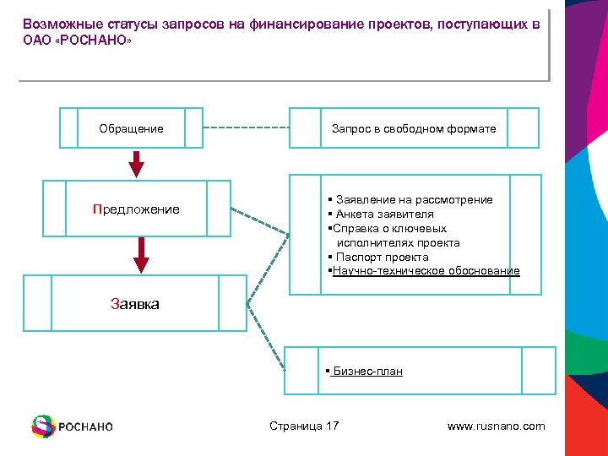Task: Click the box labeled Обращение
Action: click(131, 128)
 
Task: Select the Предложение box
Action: click(136, 209)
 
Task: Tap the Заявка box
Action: click(135, 302)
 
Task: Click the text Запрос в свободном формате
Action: click(414, 128)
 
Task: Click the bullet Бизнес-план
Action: click(367, 371)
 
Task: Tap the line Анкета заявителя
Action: click(384, 214)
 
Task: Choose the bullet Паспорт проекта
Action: click(382, 257)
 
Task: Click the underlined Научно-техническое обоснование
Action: click(426, 271)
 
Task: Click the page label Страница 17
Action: click(303, 426)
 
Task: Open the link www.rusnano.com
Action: click(496, 426)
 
